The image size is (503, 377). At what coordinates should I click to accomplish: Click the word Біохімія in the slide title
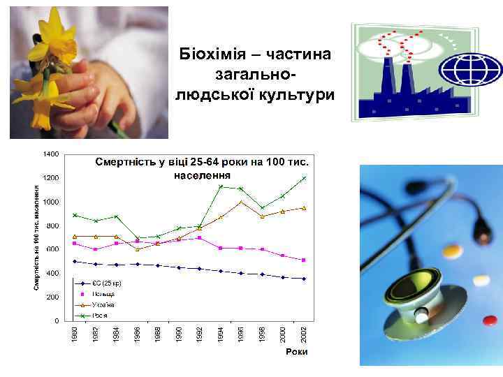pyautogui.click(x=210, y=54)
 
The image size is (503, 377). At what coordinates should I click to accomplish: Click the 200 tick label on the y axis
pyautogui.click(x=53, y=297)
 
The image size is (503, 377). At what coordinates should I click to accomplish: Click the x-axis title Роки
pyautogui.click(x=296, y=353)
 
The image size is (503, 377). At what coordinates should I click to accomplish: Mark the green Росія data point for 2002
pyautogui.click(x=304, y=178)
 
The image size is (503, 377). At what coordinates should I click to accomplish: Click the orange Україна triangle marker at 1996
pyautogui.click(x=241, y=202)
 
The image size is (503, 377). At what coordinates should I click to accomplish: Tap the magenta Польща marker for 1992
pyautogui.click(x=200, y=238)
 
